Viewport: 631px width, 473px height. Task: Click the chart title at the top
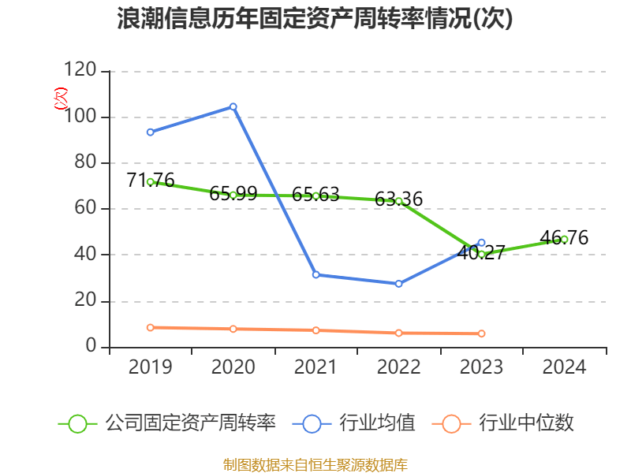click(315, 19)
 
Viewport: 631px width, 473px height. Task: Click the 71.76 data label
click(150, 181)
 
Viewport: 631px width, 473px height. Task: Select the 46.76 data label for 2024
click(564, 238)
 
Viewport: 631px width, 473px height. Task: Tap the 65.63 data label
click(315, 194)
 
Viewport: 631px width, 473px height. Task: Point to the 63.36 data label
click(398, 199)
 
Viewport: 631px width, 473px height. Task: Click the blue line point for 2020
click(233, 106)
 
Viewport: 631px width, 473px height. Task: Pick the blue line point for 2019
click(150, 132)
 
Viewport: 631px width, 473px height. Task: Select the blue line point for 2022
click(398, 284)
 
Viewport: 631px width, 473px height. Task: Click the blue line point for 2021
click(315, 274)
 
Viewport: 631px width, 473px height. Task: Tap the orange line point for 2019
click(150, 327)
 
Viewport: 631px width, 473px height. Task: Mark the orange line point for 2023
click(481, 333)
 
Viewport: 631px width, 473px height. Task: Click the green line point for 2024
click(564, 239)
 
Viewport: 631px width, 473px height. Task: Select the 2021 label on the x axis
click(315, 367)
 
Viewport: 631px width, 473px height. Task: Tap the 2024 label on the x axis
click(564, 367)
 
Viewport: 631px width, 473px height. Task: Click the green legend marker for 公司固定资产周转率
click(77, 423)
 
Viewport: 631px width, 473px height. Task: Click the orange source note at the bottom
click(315, 464)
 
